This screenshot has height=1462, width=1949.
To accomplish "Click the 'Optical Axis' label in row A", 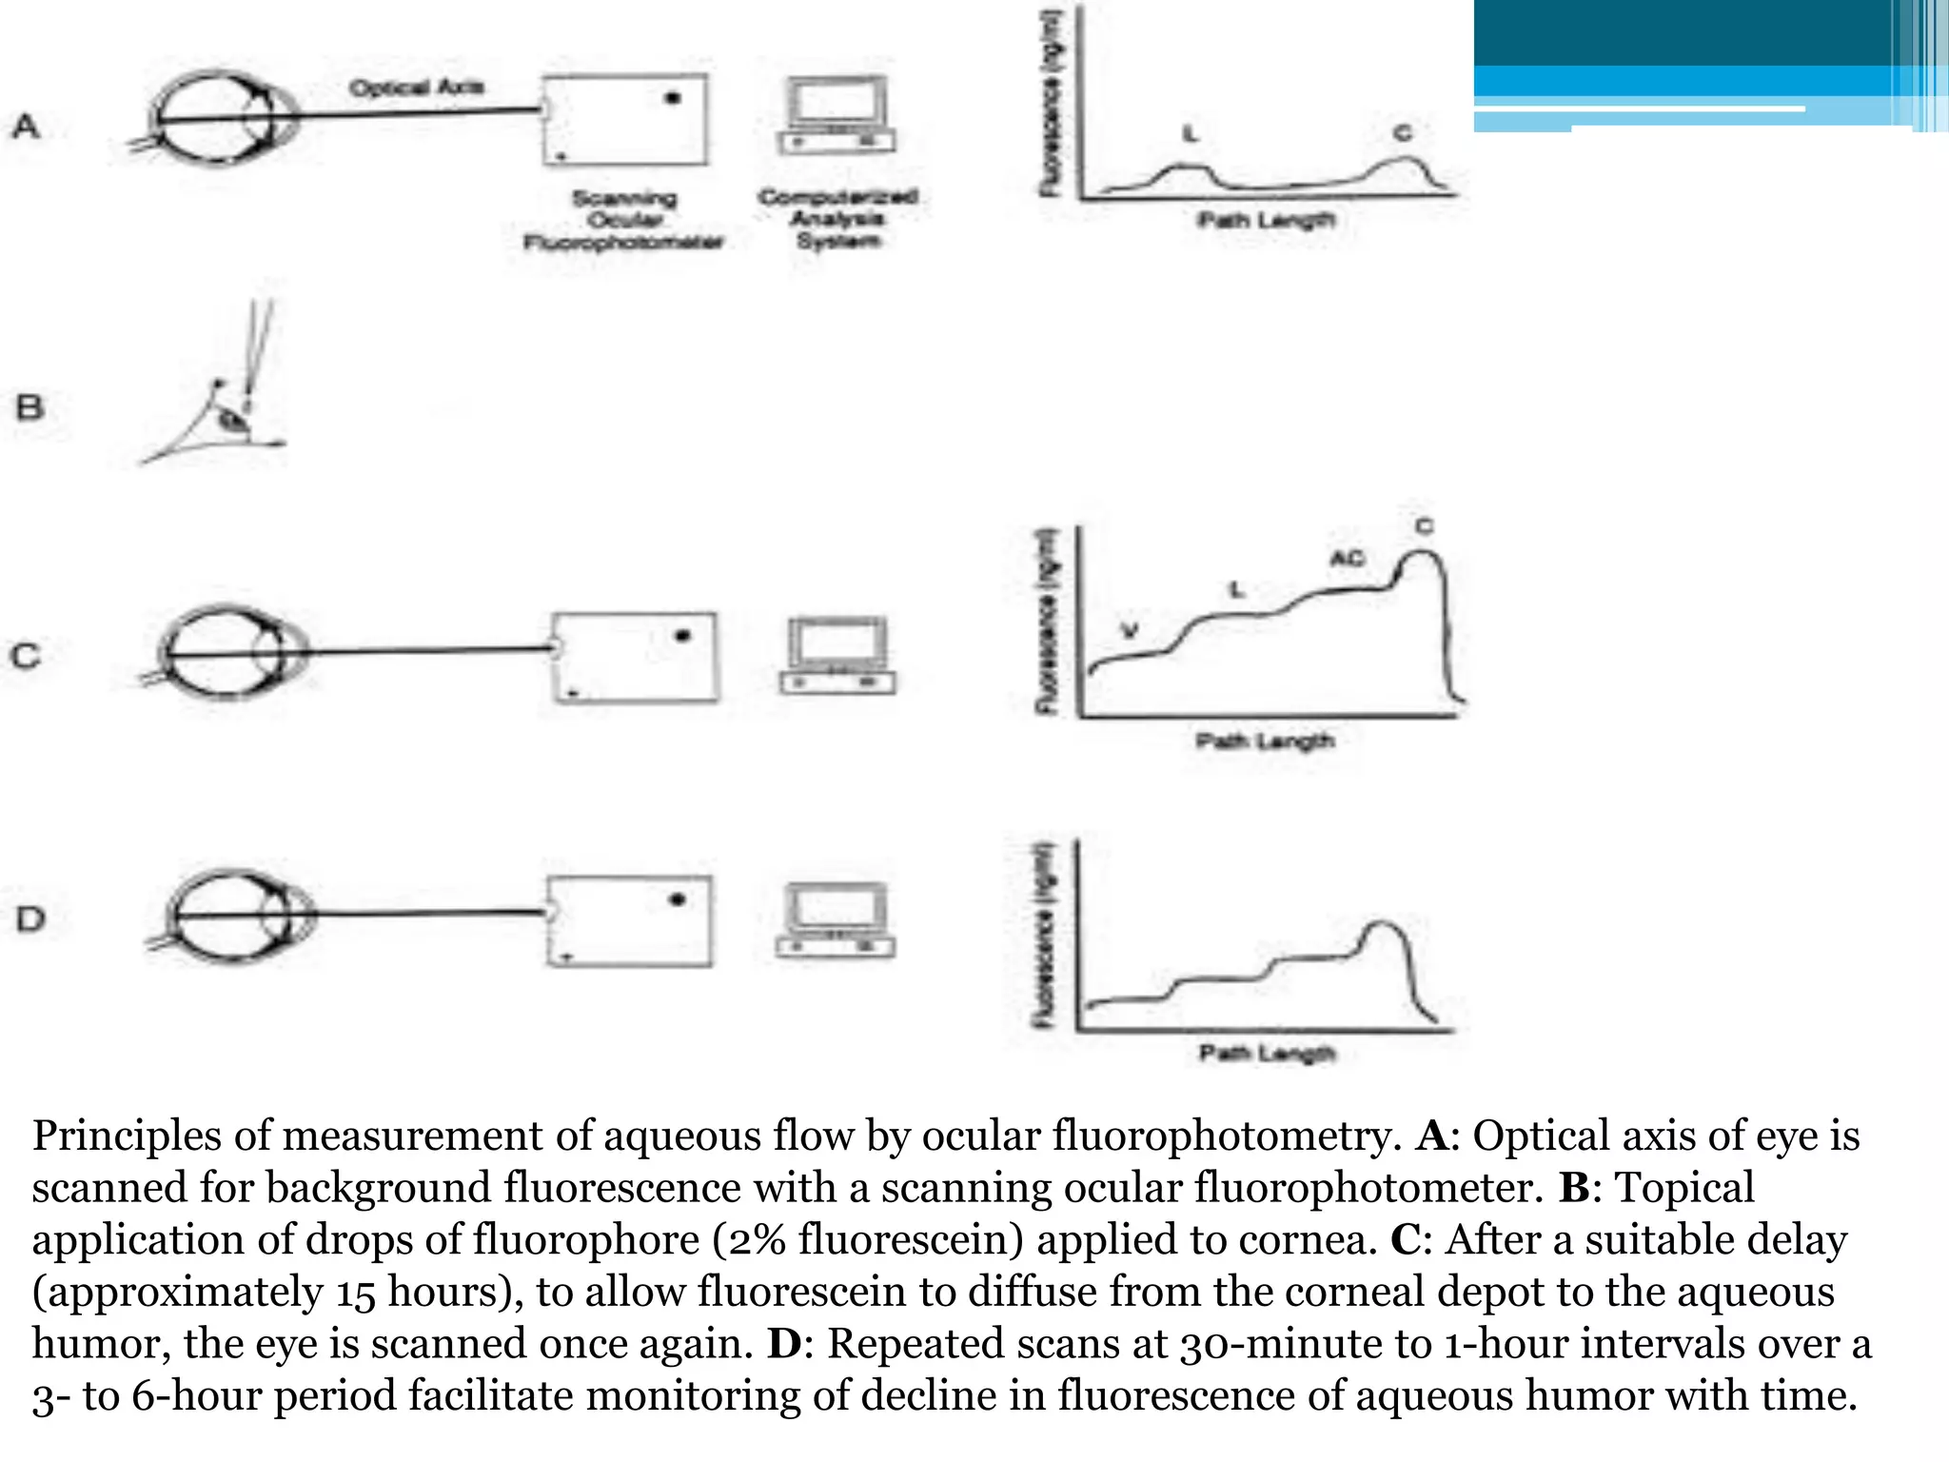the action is (x=417, y=88).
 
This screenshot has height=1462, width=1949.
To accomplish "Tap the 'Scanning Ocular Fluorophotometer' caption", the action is (x=624, y=220).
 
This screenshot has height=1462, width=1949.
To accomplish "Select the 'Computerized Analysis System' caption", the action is (x=838, y=218).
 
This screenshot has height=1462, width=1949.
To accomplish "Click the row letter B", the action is (x=30, y=407).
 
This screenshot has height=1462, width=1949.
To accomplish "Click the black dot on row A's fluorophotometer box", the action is (x=673, y=97).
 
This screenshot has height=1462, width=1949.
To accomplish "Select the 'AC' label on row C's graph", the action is (x=1347, y=559).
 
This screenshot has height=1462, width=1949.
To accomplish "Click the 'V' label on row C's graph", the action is (x=1130, y=630).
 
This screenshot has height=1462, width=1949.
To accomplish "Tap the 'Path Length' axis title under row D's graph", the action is (x=1267, y=1053).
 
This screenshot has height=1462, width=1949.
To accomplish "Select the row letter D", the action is (x=30, y=919).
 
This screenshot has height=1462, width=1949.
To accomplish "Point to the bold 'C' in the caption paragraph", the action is (x=1406, y=1240).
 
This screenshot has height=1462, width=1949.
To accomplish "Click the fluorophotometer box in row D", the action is (x=630, y=920).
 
